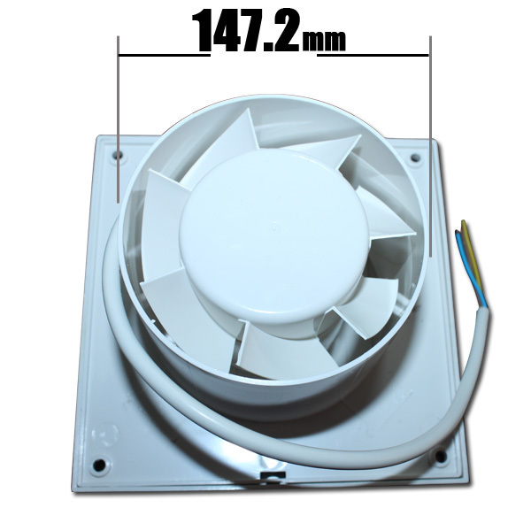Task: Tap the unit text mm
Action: tap(324, 40)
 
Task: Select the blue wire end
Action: tap(458, 235)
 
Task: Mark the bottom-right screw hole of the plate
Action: tap(438, 457)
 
